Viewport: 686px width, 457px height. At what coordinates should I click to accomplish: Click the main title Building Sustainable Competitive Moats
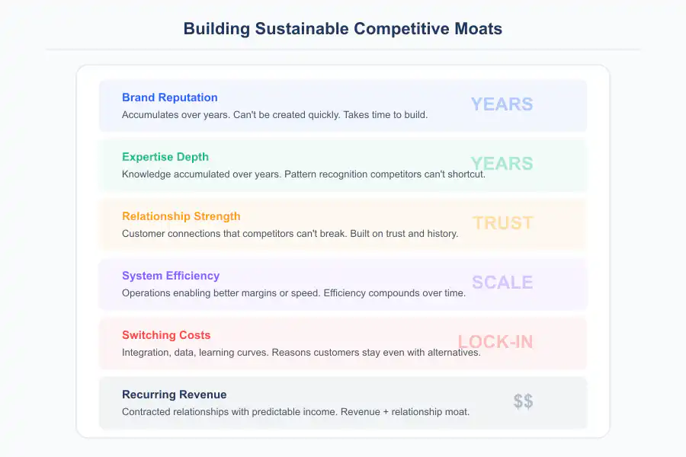[x=343, y=29]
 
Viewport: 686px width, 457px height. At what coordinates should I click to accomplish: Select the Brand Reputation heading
[x=169, y=97]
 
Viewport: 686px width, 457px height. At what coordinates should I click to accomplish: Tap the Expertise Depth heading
[x=165, y=157]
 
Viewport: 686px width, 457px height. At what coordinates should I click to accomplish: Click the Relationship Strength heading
[x=181, y=216]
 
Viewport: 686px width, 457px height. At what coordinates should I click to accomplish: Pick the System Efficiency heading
[x=170, y=276]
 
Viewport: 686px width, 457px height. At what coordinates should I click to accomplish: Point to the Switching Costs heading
[x=166, y=335]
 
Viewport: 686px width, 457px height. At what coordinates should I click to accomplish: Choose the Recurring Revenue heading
[x=174, y=395]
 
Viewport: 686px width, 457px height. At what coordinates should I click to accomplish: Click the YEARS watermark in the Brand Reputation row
[x=502, y=104]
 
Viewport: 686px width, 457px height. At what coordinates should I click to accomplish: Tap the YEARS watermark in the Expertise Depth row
[x=502, y=164]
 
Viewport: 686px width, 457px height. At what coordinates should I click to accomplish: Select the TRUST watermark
[x=502, y=223]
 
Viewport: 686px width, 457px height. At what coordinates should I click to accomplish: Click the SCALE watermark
[x=502, y=283]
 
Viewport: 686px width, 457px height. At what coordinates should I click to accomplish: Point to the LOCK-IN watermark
[x=495, y=342]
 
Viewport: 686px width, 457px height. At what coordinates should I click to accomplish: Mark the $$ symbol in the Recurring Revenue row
[x=523, y=401]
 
